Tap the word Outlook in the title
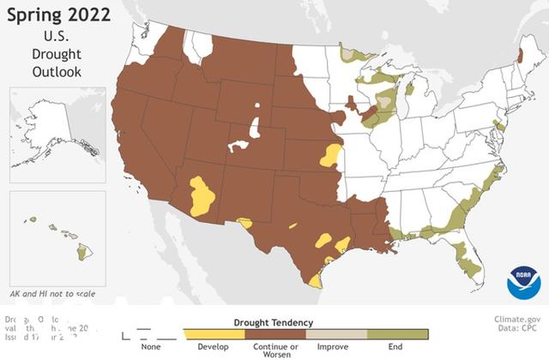coord(57,71)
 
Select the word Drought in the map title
coord(57,54)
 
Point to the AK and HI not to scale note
coord(52,294)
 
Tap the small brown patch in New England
coord(516,57)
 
